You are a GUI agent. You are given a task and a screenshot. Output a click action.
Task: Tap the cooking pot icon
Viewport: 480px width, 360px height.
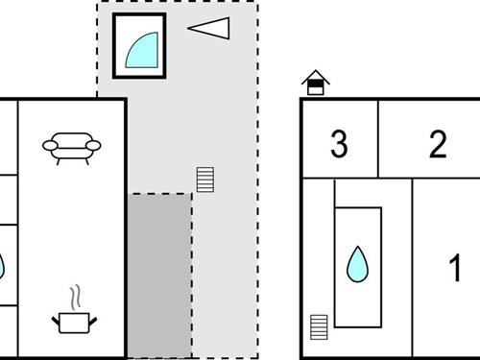[73, 322]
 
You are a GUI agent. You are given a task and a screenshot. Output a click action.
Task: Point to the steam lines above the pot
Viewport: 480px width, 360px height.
[72, 296]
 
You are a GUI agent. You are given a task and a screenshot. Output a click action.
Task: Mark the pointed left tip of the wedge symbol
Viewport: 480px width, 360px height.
[189, 28]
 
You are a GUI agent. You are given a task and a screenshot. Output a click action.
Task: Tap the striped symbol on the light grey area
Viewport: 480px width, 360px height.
[204, 180]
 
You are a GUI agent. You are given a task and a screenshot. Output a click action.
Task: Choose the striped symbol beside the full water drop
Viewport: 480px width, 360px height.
[320, 326]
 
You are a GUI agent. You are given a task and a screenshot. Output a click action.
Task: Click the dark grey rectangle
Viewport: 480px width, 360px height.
[160, 275]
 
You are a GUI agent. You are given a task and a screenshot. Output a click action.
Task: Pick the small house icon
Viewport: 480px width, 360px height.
[315, 84]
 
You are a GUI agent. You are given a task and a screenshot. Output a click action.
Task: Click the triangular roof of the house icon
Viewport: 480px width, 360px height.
[315, 78]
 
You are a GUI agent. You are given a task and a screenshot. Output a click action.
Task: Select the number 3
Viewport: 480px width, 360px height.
[338, 146]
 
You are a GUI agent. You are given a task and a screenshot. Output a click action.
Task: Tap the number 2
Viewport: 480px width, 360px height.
[438, 146]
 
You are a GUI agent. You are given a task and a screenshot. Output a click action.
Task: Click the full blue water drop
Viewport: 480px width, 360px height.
[357, 264]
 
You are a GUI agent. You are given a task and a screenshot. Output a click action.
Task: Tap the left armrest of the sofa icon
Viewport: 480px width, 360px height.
[47, 146]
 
